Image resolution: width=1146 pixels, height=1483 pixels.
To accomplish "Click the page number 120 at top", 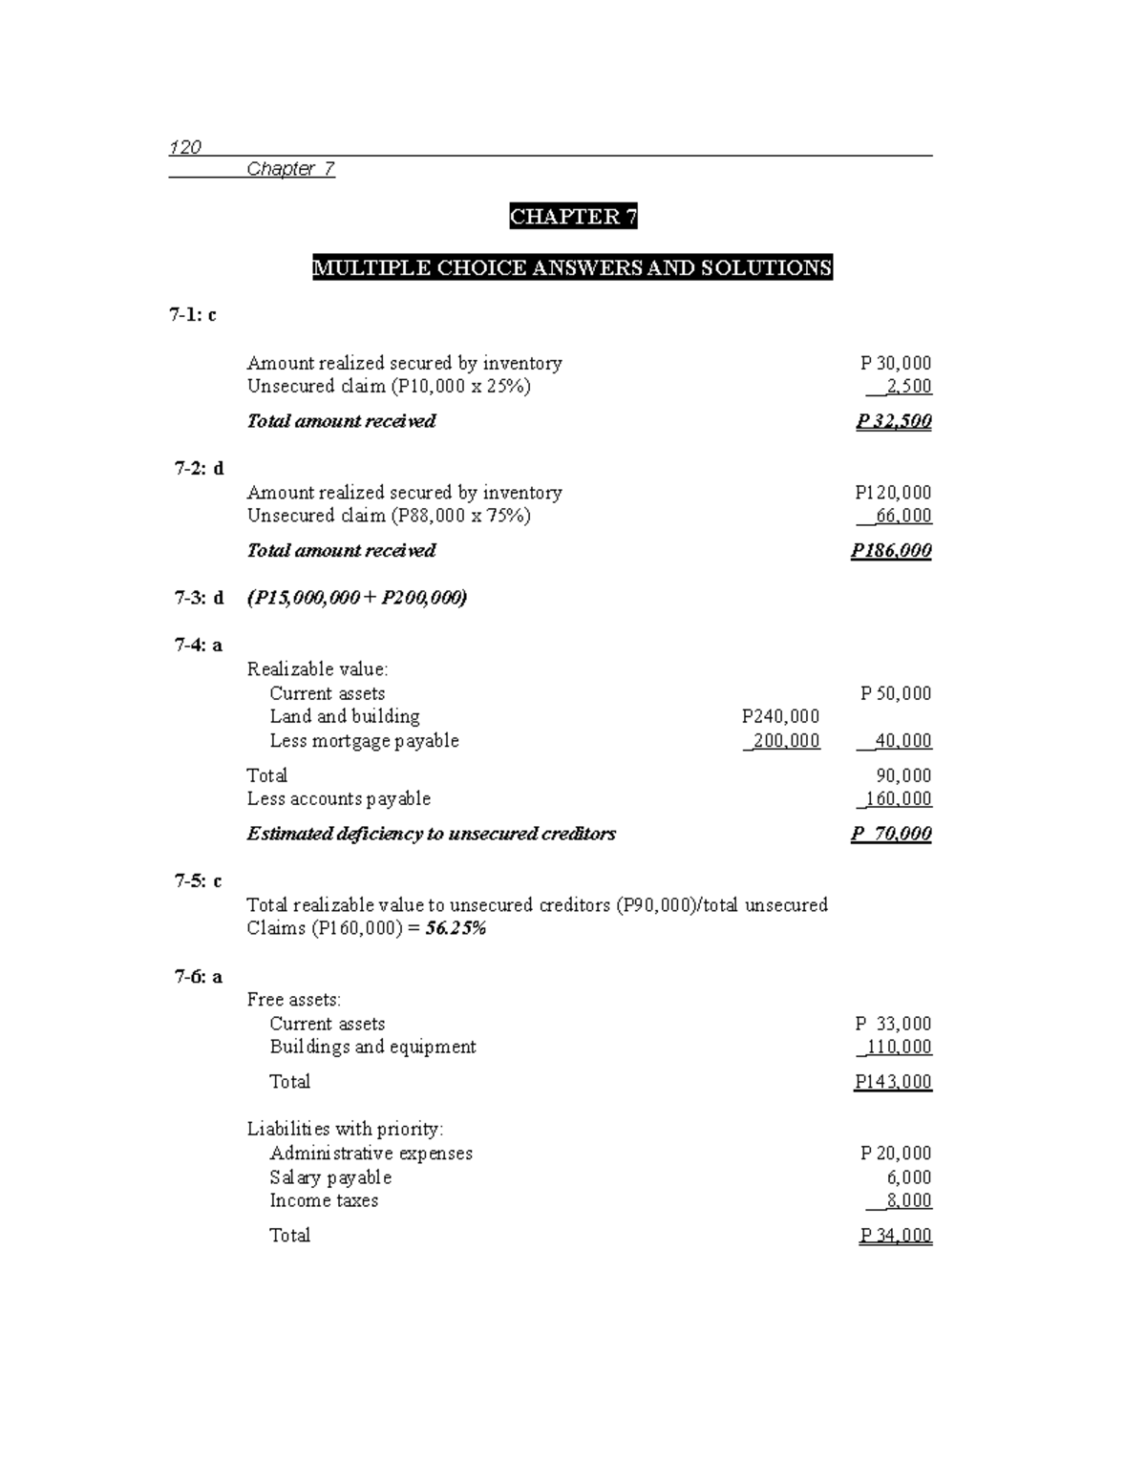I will (x=185, y=147).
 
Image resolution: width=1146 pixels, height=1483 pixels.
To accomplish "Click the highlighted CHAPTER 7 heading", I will (x=573, y=217).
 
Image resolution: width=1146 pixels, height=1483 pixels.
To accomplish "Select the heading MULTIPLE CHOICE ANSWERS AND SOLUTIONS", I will (x=572, y=267).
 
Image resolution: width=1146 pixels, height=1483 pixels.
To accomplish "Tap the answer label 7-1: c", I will (x=193, y=314).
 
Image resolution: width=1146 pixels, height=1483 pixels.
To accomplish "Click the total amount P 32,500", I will (x=894, y=421).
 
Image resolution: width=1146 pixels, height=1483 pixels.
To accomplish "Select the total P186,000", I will (x=891, y=550).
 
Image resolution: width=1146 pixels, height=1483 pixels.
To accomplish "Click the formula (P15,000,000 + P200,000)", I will (x=357, y=598).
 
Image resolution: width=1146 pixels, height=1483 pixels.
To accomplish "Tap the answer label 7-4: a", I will (x=198, y=645).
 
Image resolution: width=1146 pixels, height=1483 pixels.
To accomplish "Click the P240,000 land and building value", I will (x=780, y=716).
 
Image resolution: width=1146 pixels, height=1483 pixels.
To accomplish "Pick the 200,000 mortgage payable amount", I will (x=784, y=741).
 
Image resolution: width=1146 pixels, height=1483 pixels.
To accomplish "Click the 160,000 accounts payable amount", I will (x=897, y=798).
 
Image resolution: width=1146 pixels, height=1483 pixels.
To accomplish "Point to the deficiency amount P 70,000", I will (x=891, y=834).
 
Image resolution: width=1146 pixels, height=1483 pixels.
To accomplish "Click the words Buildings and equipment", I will (x=372, y=1047).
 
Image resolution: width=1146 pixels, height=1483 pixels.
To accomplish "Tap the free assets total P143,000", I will (x=893, y=1082).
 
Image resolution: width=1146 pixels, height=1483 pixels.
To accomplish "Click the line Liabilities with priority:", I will (x=345, y=1129).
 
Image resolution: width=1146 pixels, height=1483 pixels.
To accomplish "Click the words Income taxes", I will (x=324, y=1200).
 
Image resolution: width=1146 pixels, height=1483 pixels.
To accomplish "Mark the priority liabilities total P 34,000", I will (x=895, y=1236).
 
